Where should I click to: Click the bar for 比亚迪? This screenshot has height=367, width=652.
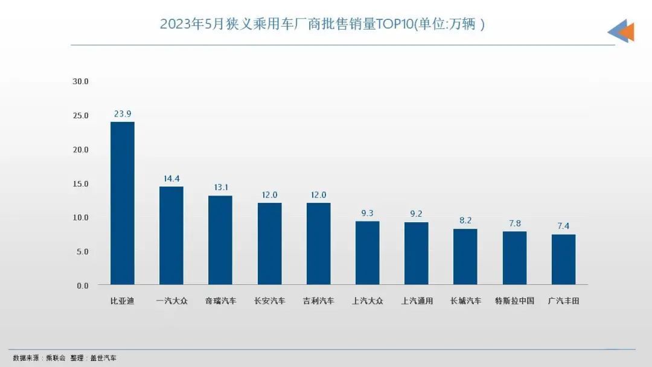tap(123, 203)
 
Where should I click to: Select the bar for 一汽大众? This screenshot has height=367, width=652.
tap(171, 235)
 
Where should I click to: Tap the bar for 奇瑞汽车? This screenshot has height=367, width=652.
tap(220, 240)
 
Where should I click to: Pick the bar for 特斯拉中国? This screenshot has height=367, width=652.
tap(514, 258)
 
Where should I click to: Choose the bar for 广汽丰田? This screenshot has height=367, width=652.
tap(563, 260)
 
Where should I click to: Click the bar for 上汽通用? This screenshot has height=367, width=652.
tap(417, 254)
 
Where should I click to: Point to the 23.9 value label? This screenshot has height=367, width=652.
tap(123, 113)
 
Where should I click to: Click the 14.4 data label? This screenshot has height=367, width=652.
tap(171, 178)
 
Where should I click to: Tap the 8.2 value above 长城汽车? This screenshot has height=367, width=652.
tap(465, 220)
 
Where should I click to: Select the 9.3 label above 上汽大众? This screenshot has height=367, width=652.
tap(368, 213)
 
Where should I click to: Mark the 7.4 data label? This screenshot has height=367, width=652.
tap(563, 226)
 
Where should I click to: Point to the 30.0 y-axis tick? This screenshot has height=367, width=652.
tap(80, 81)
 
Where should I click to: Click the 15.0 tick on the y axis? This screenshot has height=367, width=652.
tap(80, 183)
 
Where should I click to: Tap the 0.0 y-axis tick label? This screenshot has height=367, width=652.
tap(82, 286)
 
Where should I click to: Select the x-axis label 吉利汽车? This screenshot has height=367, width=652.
tap(318, 301)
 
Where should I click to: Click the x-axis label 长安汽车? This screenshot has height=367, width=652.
tap(269, 301)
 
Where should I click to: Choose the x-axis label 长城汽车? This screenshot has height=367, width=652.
tap(465, 301)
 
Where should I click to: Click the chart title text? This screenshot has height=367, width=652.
tap(322, 25)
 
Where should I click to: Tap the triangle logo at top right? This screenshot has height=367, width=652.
tap(621, 31)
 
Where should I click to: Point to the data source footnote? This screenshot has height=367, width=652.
tap(65, 358)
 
